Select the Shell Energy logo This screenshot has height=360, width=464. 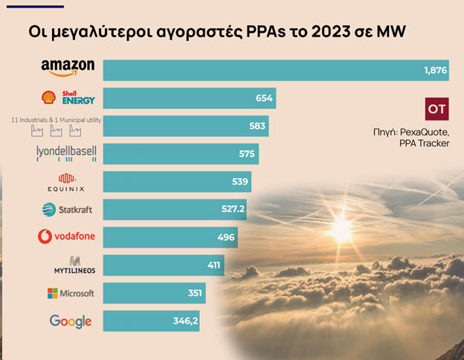click(x=68, y=97)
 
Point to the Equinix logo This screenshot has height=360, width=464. click(x=67, y=181)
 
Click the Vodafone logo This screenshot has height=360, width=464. click(x=67, y=237)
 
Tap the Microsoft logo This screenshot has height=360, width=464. click(x=71, y=293)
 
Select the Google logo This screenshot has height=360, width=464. click(x=71, y=321)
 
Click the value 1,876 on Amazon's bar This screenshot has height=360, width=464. click(x=434, y=70)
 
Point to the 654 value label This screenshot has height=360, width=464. click(x=264, y=98)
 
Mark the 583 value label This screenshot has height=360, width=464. click(x=257, y=126)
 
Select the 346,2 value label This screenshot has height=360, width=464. click(x=209, y=321)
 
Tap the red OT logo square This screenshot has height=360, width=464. click(x=436, y=109)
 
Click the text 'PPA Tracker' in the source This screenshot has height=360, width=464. click(x=424, y=143)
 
